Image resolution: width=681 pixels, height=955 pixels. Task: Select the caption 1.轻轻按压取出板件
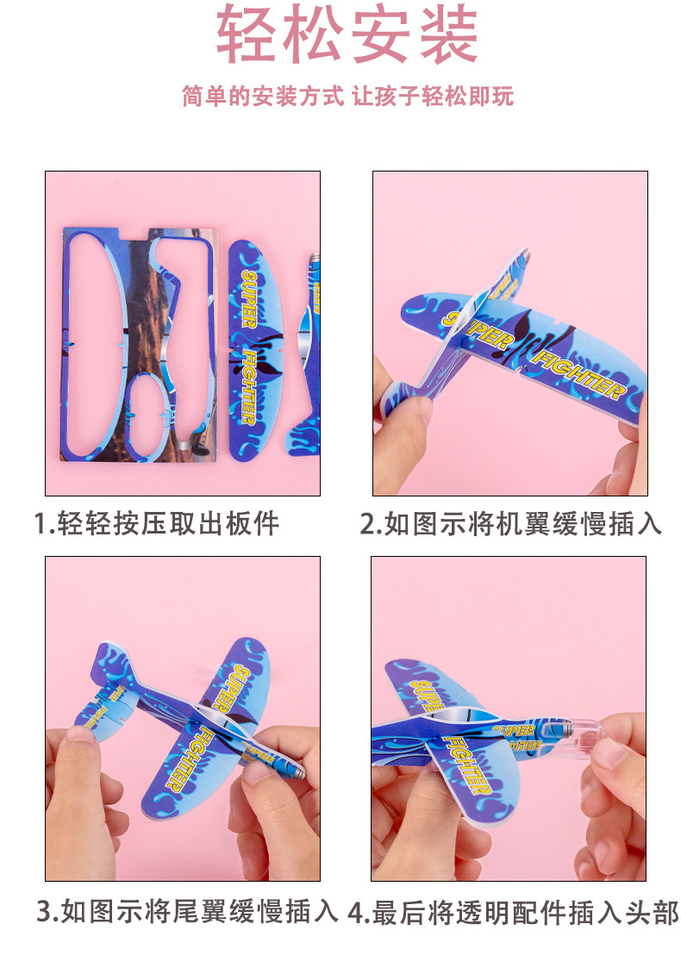point(157,523)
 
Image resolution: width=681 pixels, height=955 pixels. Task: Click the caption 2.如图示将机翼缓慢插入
point(510,523)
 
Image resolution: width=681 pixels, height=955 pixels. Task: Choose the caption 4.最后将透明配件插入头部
point(514,912)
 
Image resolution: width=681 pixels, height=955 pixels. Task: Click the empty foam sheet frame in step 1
point(138,345)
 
